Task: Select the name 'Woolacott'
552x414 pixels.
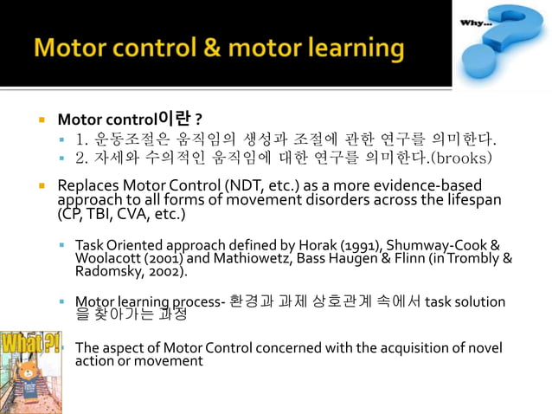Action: (108, 257)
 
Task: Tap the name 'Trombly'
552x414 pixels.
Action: (473, 257)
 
